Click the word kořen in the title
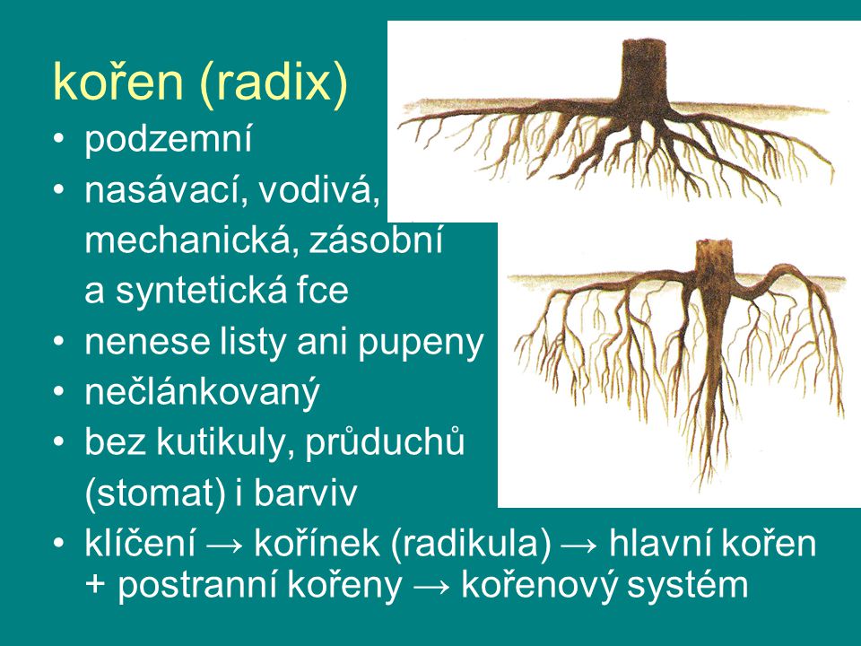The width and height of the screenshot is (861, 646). pyautogui.click(x=117, y=82)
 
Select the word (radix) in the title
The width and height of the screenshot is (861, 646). pyautogui.click(x=273, y=84)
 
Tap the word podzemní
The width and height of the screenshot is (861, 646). pyautogui.click(x=168, y=139)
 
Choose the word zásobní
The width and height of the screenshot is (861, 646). pyautogui.click(x=376, y=240)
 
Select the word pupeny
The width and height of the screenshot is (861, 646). pyautogui.click(x=421, y=344)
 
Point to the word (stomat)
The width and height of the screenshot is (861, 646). pyautogui.click(x=156, y=493)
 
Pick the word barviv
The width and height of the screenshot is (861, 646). pyautogui.click(x=304, y=492)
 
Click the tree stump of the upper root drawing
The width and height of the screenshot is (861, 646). pyautogui.click(x=644, y=72)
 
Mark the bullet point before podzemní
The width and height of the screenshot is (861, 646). pyautogui.click(x=58, y=138)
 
